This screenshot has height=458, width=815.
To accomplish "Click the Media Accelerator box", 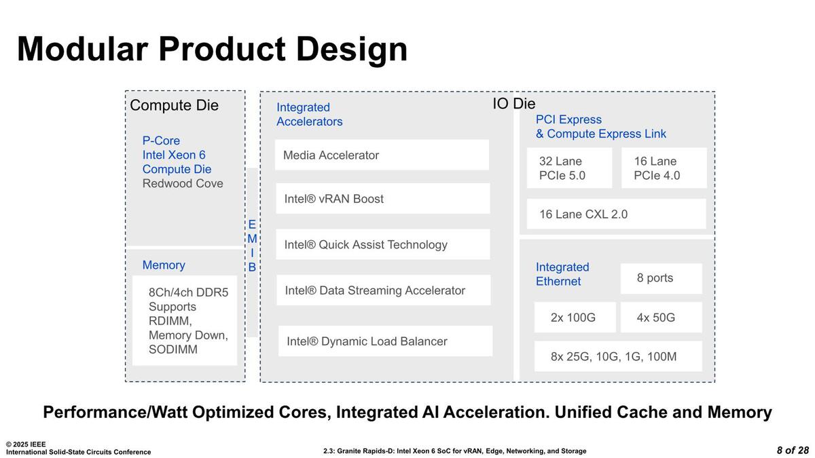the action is point(382,155).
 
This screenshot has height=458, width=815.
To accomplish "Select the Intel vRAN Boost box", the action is point(383,198).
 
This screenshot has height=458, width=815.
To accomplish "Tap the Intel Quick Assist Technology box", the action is point(383,244).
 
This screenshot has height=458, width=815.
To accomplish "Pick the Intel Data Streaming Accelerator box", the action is point(384,290).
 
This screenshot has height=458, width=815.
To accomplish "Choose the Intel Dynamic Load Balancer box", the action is point(385,341).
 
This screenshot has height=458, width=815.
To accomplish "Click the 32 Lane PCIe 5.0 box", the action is point(569,168).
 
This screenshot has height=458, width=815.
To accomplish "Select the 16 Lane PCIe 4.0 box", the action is point(664,168).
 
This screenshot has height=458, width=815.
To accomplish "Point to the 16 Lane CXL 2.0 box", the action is point(617,214).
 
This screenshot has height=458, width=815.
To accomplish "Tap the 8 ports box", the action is point(661,278).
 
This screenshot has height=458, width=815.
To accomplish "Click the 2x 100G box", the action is point(575,318).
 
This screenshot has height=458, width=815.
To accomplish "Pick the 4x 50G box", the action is point(661,318).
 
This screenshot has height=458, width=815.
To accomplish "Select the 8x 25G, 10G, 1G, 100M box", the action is point(618,356).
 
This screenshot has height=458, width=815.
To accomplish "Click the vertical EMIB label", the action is point(252,246).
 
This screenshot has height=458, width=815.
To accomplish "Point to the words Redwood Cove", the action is point(183,184).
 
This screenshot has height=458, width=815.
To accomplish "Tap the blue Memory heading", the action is point(164,265).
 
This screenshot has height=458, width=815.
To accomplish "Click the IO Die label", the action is point(513,104).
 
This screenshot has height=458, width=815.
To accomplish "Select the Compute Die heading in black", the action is point(175,105).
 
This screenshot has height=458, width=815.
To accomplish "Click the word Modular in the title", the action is point(83,50).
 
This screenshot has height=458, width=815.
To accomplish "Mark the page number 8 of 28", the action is point(793,451).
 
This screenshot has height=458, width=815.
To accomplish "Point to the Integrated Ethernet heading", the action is point(562,274).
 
